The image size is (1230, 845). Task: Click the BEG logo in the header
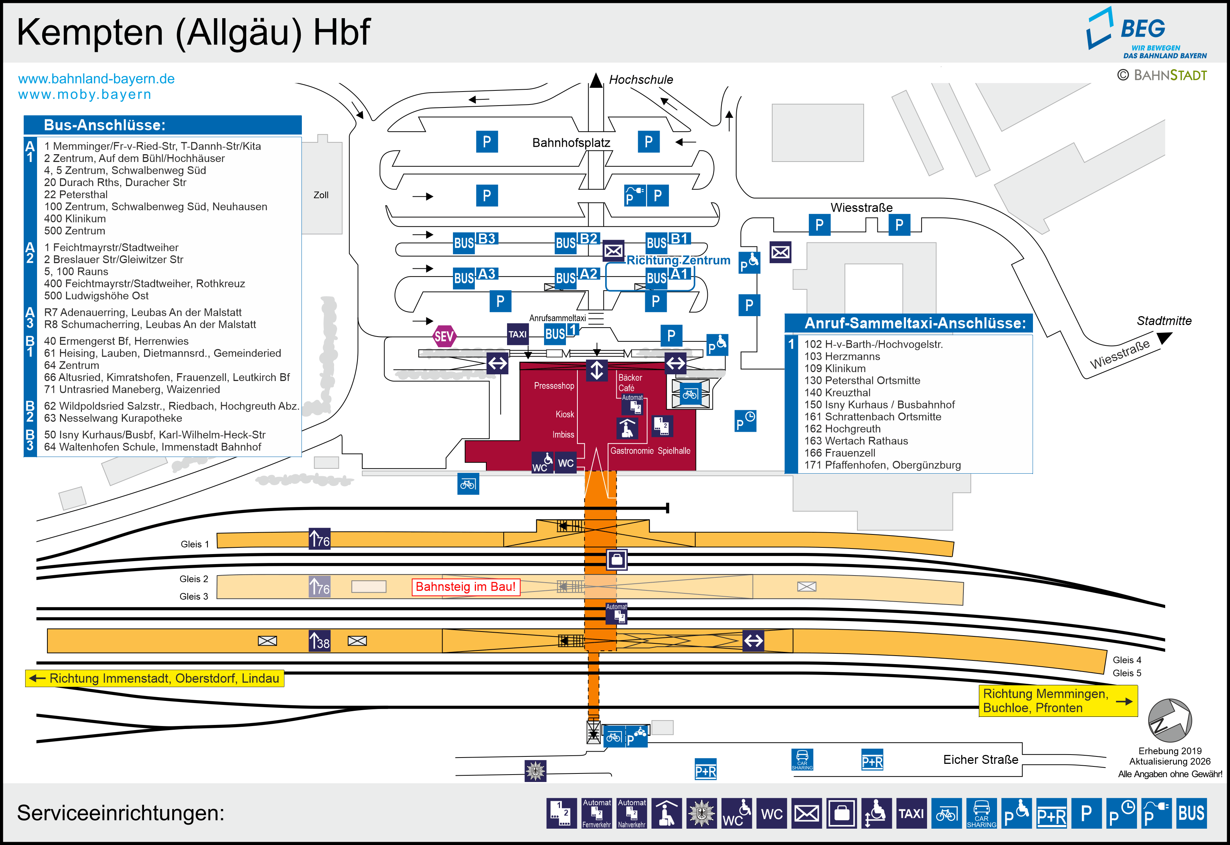1146,33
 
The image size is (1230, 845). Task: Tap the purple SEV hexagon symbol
444,336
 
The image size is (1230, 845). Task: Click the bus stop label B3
486,239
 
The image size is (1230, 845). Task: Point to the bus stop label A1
680,274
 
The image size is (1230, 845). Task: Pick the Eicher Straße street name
980,759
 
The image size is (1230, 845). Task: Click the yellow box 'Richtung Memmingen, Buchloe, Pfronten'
1057,700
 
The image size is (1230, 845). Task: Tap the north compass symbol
1170,720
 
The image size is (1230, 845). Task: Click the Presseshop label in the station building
554,385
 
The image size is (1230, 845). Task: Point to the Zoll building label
321,195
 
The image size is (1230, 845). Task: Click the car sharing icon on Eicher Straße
802,759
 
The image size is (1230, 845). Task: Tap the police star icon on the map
535,771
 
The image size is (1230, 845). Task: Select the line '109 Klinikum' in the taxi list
835,368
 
